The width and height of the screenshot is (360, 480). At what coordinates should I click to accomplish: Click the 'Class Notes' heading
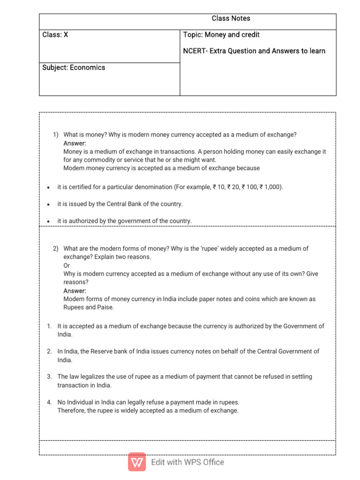click(231, 19)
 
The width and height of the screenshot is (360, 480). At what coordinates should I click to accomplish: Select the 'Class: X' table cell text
click(55, 35)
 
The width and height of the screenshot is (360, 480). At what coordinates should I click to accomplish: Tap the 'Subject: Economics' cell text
click(74, 67)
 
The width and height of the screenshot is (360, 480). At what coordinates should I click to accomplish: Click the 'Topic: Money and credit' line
click(221, 35)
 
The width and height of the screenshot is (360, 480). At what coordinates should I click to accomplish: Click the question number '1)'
click(56, 135)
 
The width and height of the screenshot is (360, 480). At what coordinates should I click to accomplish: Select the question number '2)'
click(56, 249)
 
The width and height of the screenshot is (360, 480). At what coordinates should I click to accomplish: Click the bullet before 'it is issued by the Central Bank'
click(48, 204)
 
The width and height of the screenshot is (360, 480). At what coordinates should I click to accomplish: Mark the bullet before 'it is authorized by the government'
click(48, 221)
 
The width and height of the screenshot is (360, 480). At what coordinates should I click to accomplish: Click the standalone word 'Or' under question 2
click(67, 266)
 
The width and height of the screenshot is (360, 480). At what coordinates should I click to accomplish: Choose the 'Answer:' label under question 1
click(75, 143)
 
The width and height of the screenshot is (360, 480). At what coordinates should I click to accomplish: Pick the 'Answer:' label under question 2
click(75, 291)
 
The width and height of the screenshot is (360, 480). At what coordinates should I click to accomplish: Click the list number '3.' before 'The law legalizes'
click(49, 377)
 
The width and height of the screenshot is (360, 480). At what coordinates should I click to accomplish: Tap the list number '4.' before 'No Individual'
click(49, 402)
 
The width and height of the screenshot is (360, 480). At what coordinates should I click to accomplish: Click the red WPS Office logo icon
click(137, 462)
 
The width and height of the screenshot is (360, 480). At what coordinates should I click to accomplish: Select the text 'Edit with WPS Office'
click(187, 462)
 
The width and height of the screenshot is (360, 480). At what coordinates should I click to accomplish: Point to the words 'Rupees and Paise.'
click(89, 307)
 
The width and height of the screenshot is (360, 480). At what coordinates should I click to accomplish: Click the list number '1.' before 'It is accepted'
click(49, 326)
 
